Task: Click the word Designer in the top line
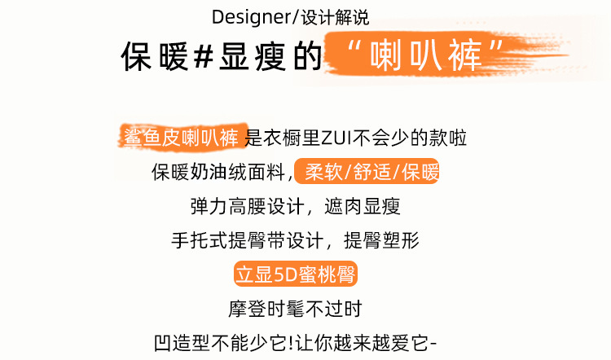244,16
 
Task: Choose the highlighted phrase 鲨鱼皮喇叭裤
181,138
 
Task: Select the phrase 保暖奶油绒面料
217,173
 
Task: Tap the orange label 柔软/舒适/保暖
371,173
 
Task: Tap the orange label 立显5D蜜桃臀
296,274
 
